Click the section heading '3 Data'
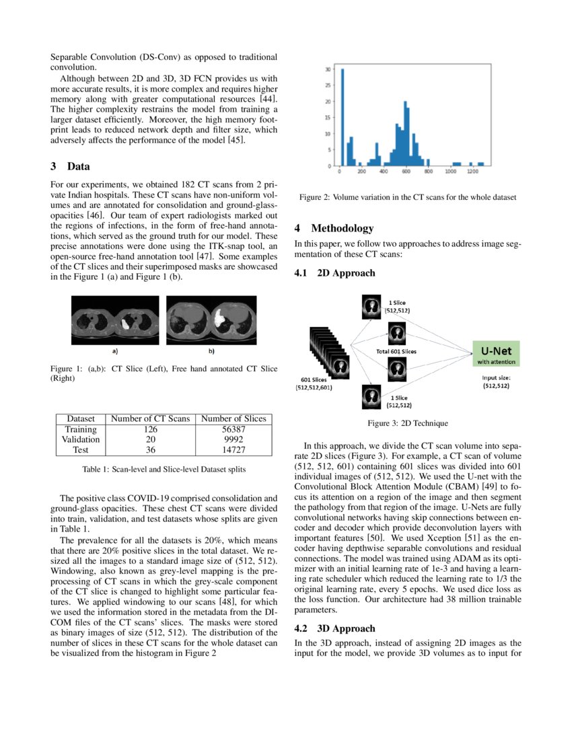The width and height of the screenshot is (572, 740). [x=70, y=167]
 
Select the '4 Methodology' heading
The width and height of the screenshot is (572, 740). [x=333, y=229]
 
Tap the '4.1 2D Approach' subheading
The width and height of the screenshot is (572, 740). [x=334, y=273]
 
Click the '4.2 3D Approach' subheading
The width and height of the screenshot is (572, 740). [x=334, y=628]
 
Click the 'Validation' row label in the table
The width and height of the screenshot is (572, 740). [x=80, y=439]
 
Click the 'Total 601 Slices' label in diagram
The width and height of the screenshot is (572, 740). [x=396, y=351]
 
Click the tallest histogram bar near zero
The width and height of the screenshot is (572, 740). [x=342, y=117]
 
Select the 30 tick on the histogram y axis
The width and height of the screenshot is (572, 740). [x=328, y=69]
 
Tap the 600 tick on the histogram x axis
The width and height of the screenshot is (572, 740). [x=406, y=172]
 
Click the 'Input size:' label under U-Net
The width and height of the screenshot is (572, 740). [x=495, y=377]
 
